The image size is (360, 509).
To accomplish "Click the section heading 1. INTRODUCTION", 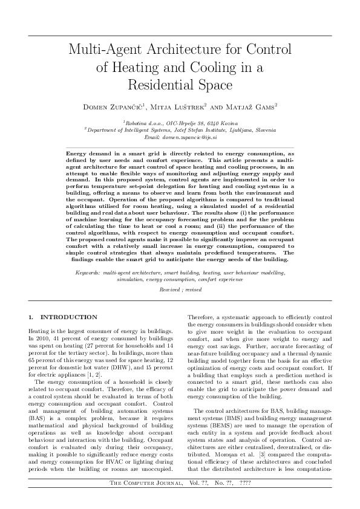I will [63, 317].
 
